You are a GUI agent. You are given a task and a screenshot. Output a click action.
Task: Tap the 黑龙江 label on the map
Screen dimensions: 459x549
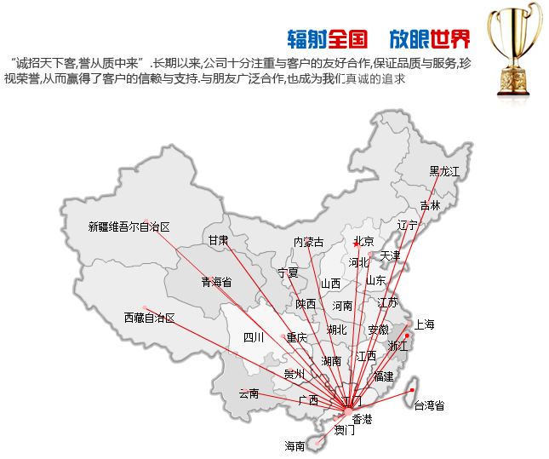pyautogui.click(x=444, y=171)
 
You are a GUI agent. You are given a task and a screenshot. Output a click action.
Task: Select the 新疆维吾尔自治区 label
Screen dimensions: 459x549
pyautogui.click(x=129, y=227)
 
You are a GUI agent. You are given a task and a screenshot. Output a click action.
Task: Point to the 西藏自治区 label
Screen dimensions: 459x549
pyautogui.click(x=149, y=318)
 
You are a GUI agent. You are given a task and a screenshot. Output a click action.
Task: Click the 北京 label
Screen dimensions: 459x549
pyautogui.click(x=363, y=241)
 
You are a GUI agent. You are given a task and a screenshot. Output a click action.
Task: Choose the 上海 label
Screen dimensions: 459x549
pyautogui.click(x=424, y=324)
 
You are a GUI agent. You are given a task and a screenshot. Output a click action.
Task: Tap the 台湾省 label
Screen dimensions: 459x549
pyautogui.click(x=429, y=405)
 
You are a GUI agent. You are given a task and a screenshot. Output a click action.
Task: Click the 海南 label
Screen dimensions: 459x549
pyautogui.click(x=295, y=445)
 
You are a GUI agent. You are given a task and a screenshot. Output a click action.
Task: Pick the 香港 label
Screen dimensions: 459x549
pyautogui.click(x=363, y=419)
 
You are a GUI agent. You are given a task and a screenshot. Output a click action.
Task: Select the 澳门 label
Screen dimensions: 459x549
pyautogui.click(x=345, y=431)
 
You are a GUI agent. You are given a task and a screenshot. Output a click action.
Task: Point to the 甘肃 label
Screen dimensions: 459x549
pyautogui.click(x=219, y=241)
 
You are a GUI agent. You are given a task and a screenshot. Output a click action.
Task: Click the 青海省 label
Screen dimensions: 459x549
pyautogui.click(x=216, y=282)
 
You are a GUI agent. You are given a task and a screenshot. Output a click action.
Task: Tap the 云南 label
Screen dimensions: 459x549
pyautogui.click(x=249, y=393)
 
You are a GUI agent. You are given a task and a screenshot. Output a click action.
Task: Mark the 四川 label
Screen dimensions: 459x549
pyautogui.click(x=254, y=337)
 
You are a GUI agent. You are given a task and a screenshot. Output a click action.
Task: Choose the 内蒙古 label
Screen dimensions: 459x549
pyautogui.click(x=308, y=243)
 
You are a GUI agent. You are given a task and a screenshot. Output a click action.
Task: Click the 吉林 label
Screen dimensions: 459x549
pyautogui.click(x=430, y=205)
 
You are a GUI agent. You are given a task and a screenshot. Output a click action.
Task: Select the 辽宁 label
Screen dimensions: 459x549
pyautogui.click(x=408, y=226)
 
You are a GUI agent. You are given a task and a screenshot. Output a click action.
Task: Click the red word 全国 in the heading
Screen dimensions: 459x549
pyautogui.click(x=346, y=38)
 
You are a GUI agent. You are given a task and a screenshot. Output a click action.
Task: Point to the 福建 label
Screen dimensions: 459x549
pyautogui.click(x=384, y=376)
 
